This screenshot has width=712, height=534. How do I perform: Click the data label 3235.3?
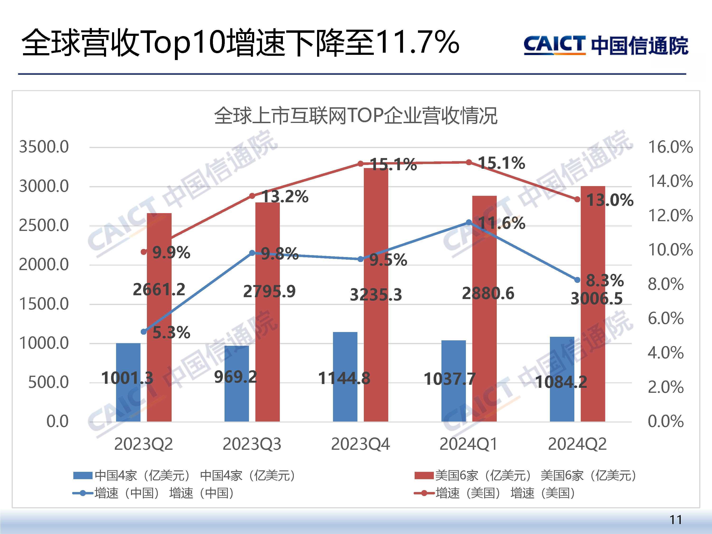(x=376, y=295)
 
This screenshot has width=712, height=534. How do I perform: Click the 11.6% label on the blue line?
(x=501, y=223)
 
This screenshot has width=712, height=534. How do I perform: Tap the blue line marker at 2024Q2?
(x=577, y=280)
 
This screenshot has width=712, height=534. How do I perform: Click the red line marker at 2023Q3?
(x=252, y=196)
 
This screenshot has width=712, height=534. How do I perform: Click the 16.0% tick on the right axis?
(x=670, y=147)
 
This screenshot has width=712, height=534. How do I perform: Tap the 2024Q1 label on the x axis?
(x=469, y=444)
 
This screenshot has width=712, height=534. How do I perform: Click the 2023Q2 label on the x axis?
(x=144, y=444)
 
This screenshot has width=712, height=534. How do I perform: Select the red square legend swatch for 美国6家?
(x=424, y=475)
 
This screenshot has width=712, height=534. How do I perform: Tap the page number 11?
(x=676, y=520)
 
